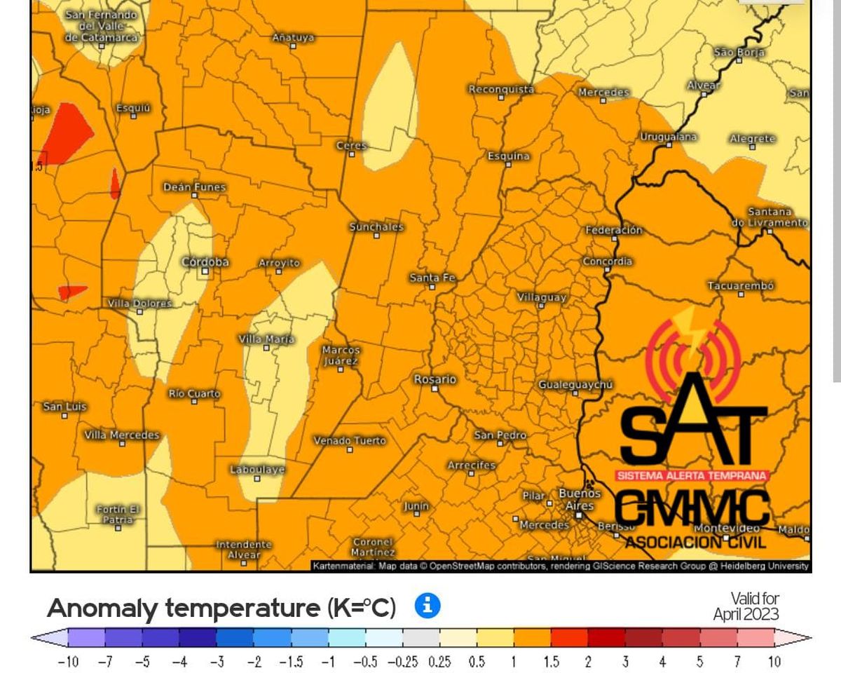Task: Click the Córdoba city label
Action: pos(205,262)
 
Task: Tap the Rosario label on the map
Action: pos(435,379)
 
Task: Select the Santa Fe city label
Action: pos(432,278)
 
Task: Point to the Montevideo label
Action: pos(727,527)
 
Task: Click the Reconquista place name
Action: pos(500,89)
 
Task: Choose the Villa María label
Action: pos(266,339)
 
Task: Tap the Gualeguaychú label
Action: pos(575,385)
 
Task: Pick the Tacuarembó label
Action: pos(741,286)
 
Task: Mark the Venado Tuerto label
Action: pos(349,441)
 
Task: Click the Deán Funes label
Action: pos(194,187)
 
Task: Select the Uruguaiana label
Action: pos(668,137)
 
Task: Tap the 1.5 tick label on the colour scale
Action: pos(551,661)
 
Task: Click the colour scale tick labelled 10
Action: pos(774,661)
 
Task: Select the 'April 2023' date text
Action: pos(746,615)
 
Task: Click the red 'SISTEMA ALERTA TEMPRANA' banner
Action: pos(692,475)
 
